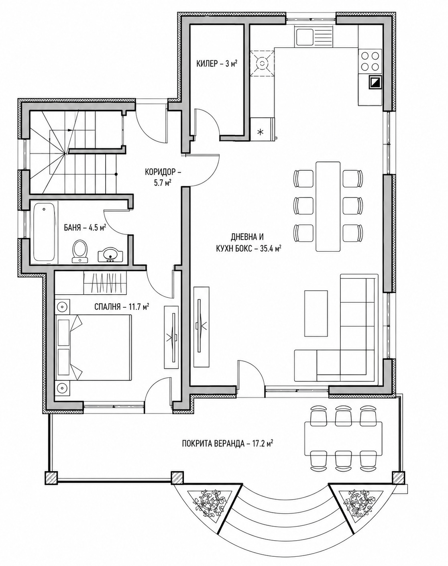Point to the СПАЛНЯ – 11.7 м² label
(x=122, y=307)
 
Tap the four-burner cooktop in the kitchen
(x=370, y=61)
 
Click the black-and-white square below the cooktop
(x=375, y=83)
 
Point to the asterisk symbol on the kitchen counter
(x=260, y=132)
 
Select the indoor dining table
(x=328, y=206)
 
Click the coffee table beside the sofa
(x=316, y=313)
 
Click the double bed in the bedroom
(x=93, y=348)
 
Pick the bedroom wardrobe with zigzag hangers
(x=105, y=283)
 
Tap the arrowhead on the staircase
(x=70, y=130)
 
